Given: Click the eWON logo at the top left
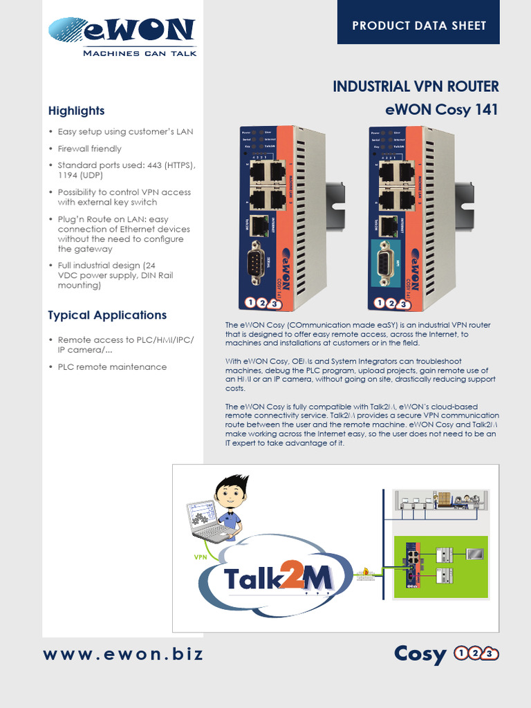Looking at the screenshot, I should pyautogui.click(x=122, y=35).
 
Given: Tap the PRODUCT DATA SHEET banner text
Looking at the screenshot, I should pyautogui.click(x=419, y=26).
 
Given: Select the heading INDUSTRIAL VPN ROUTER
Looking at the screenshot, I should pyautogui.click(x=416, y=86).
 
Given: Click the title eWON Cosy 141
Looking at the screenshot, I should pyautogui.click(x=441, y=110).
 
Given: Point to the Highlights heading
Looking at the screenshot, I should pyautogui.click(x=76, y=111).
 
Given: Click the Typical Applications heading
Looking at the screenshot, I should pyautogui.click(x=107, y=315).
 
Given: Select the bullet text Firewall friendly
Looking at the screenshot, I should pyautogui.click(x=89, y=149).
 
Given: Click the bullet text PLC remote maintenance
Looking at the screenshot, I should pyautogui.click(x=112, y=367).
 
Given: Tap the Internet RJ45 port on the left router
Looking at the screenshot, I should pyautogui.click(x=259, y=224).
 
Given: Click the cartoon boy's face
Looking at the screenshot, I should pyautogui.click(x=230, y=494).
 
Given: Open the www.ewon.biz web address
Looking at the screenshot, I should pyautogui.click(x=124, y=654).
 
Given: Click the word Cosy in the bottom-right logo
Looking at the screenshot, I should pyautogui.click(x=420, y=654).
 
